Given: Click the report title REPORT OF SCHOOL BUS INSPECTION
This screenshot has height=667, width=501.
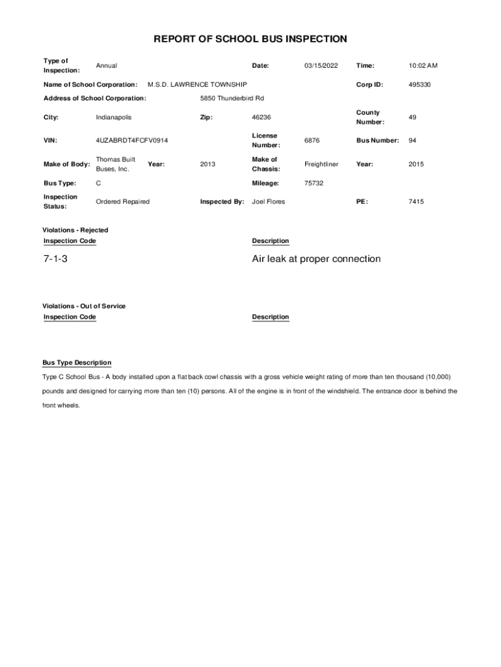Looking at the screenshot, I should tap(250, 39).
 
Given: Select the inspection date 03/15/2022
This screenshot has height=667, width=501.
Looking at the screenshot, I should tap(321, 66).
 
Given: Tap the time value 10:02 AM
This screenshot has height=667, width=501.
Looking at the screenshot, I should tap(423, 66).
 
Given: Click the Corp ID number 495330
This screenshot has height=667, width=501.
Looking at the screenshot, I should tap(420, 85).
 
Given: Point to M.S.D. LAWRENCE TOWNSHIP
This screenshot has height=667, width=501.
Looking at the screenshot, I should tap(197, 85).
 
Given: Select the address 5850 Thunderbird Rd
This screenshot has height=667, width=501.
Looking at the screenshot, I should tap(232, 98).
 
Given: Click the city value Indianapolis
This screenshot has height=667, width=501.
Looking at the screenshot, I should tap(113, 117).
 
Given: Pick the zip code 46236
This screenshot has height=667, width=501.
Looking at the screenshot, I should tap(261, 117).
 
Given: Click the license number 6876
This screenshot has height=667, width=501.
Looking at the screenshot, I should tap(312, 141).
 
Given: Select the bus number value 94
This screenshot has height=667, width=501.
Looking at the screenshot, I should tap(413, 141).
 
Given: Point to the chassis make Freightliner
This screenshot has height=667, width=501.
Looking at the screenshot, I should tap(321, 164).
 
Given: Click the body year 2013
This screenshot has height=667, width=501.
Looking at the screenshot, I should tap(208, 164).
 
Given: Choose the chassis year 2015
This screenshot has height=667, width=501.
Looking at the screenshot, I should tap(416, 164).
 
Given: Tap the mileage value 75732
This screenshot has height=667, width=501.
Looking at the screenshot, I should tap(314, 184).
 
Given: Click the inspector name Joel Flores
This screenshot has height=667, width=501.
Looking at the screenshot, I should tap(268, 202).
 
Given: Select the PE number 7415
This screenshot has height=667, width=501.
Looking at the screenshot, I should tap(416, 202).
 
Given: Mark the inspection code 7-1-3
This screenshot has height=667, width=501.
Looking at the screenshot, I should tap(55, 259).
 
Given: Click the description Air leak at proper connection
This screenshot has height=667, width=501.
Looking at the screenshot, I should tap(316, 259).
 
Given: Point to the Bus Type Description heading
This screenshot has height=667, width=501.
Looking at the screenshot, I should tap(77, 363).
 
